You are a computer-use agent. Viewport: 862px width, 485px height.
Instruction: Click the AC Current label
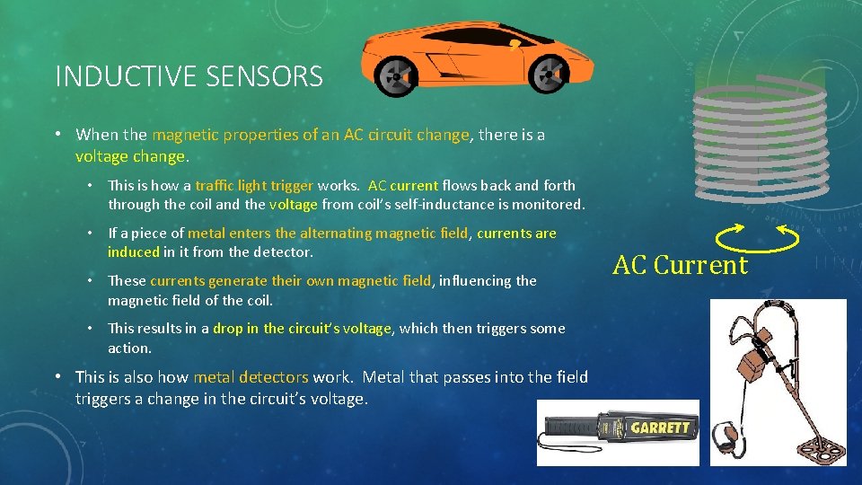pyautogui.click(x=680, y=265)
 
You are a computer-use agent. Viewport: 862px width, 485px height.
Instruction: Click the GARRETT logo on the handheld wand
pyautogui.click(x=660, y=428)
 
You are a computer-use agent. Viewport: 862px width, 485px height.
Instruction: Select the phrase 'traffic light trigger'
pyautogui.click(x=254, y=186)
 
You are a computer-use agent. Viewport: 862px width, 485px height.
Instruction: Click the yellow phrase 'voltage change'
pyautogui.click(x=130, y=155)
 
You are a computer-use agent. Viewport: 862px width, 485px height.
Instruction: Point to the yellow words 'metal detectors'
pyautogui.click(x=251, y=377)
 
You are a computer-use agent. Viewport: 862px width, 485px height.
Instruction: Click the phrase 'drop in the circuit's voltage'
pyautogui.click(x=302, y=329)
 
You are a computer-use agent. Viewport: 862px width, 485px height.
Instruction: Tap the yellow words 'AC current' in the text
pyautogui.click(x=403, y=186)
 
